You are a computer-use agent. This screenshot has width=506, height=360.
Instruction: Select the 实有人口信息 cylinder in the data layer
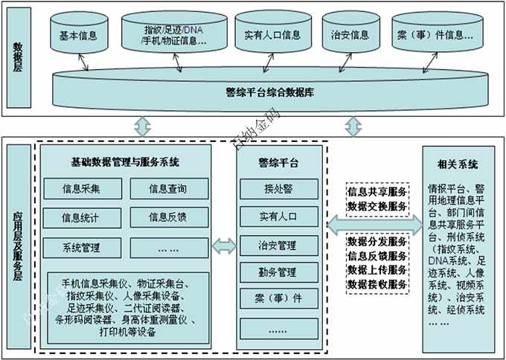[272, 35]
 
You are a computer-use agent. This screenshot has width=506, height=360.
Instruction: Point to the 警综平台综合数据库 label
[269, 93]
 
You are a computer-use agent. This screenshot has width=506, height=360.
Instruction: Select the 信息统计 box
[82, 217]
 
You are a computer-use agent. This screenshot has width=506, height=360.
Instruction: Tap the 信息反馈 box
[167, 217]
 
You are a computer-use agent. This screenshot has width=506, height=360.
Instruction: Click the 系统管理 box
[82, 248]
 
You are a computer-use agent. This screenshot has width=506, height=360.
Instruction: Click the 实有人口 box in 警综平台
[278, 216]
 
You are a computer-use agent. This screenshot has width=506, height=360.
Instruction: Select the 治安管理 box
[278, 245]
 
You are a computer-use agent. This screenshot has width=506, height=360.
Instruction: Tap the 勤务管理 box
[278, 272]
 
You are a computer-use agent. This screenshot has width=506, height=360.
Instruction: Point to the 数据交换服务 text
[377, 206]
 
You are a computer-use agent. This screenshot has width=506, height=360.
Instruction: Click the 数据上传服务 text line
[377, 270]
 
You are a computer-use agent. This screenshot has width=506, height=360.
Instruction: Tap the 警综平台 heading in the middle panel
[278, 161]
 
